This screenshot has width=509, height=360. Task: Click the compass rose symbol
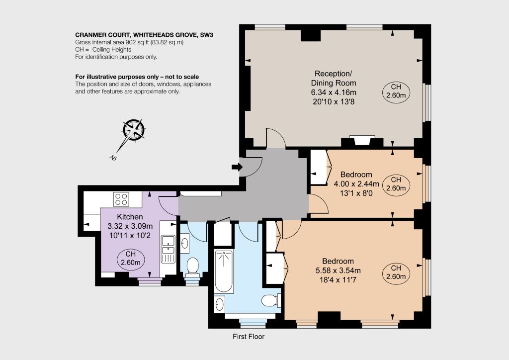[x=134, y=130]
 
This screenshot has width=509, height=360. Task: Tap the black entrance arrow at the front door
[x=237, y=167]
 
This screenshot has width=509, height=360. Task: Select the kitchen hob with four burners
[x=121, y=199]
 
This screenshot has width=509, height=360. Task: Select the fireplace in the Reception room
[x=362, y=141]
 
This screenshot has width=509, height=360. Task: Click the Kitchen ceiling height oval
[x=131, y=259]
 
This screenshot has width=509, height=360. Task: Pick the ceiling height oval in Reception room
[x=396, y=91]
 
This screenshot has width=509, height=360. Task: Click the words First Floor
[x=249, y=337]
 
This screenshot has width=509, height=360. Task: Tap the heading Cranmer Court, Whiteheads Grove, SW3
[x=144, y=35]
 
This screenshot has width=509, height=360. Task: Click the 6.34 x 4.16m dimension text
[x=334, y=92]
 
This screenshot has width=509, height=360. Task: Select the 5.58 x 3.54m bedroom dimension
[x=338, y=270]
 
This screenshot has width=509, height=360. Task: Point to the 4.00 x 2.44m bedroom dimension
[x=356, y=184]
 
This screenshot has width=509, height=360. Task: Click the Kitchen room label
[x=130, y=217]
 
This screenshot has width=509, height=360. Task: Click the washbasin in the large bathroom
[x=220, y=304]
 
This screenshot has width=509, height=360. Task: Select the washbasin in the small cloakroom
[x=185, y=243]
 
